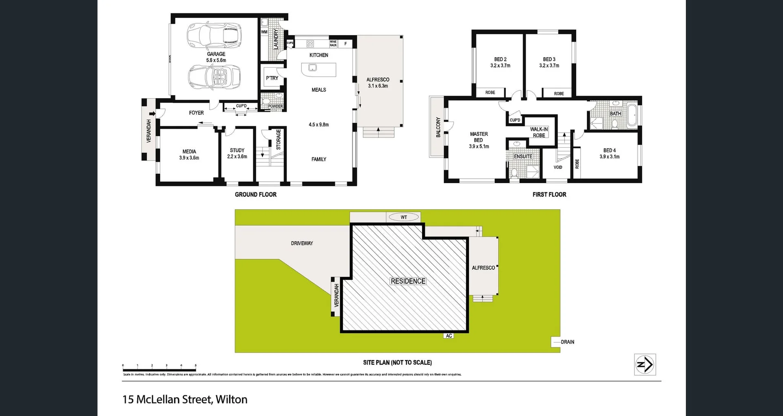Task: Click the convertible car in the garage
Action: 214,77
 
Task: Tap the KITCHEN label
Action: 319,55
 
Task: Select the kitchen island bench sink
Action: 312,67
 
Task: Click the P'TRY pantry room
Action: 272,78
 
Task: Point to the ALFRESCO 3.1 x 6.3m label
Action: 378,83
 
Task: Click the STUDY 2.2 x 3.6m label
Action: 237,153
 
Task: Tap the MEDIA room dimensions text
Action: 189,158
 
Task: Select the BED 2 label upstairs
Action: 500,60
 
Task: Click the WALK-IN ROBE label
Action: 539,132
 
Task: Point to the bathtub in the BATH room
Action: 632,115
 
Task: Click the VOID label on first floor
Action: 557,167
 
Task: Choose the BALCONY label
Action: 438,127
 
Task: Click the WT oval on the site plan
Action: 403,217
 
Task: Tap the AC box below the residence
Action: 449,336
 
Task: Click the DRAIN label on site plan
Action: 567,342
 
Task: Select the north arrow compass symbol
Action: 645,364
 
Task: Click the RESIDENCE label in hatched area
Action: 408,281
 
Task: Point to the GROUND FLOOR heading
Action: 255,195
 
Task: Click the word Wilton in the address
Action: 231,399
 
